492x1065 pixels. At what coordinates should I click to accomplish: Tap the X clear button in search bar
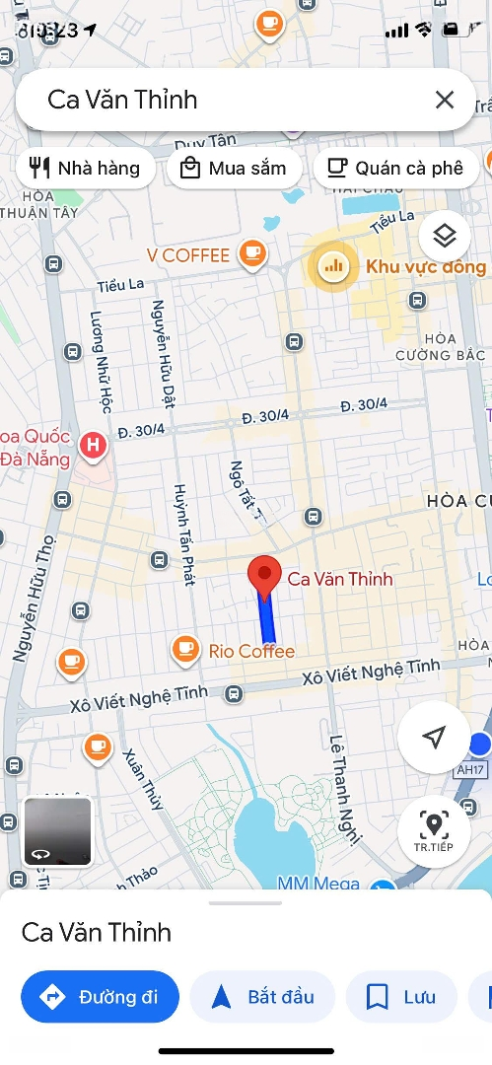click(x=445, y=100)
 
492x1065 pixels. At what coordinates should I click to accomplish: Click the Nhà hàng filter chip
click(x=85, y=168)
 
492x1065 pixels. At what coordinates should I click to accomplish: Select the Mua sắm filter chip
click(x=233, y=168)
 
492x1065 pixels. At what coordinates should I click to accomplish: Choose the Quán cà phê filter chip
click(x=395, y=168)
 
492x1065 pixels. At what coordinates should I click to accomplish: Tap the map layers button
click(x=445, y=237)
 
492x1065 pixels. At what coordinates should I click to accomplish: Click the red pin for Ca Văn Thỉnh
click(x=263, y=576)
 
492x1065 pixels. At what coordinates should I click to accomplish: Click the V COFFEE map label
click(x=188, y=255)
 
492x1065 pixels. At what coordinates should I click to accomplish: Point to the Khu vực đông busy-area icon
click(x=332, y=265)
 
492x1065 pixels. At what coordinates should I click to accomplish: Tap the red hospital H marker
click(x=94, y=446)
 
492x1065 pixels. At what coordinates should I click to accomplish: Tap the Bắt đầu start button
click(x=262, y=997)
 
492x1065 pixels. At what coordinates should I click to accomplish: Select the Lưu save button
click(x=401, y=997)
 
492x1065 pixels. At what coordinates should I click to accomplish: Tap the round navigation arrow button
click(x=433, y=737)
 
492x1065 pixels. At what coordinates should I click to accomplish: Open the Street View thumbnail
click(x=58, y=831)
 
